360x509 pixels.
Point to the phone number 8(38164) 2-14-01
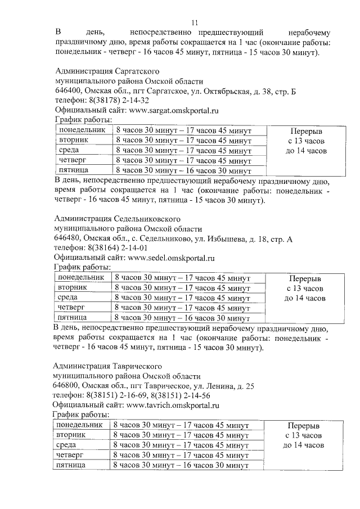click(x=116, y=248)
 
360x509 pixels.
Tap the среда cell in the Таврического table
click(x=67, y=445)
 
